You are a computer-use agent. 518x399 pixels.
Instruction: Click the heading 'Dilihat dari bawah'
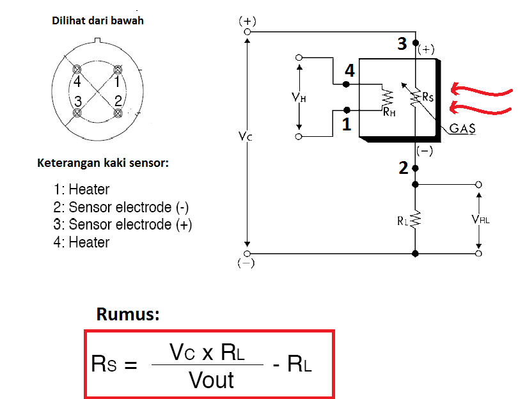point(97,20)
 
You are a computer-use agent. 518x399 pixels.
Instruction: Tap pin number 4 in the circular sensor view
point(77,81)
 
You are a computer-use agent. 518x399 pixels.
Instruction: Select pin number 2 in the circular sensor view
point(118,100)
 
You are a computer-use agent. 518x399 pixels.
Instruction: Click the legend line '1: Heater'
point(82,190)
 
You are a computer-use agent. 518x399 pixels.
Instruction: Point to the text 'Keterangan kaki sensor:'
point(103,162)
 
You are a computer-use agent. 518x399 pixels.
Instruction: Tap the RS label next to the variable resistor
point(428,97)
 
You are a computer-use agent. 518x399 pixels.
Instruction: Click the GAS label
point(462,129)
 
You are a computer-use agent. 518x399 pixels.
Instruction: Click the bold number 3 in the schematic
point(402,44)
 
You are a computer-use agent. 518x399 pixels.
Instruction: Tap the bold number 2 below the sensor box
point(403,169)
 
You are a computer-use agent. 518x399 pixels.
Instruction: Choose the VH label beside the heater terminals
point(298,97)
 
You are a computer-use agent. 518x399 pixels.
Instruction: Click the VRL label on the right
point(481,219)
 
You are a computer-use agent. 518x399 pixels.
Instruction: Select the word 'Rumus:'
point(127,314)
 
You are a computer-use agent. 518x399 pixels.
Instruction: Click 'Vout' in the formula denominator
point(212,380)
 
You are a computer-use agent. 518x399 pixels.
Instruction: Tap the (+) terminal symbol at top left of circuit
point(247,21)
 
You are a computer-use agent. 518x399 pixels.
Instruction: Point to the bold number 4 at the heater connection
point(349,71)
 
